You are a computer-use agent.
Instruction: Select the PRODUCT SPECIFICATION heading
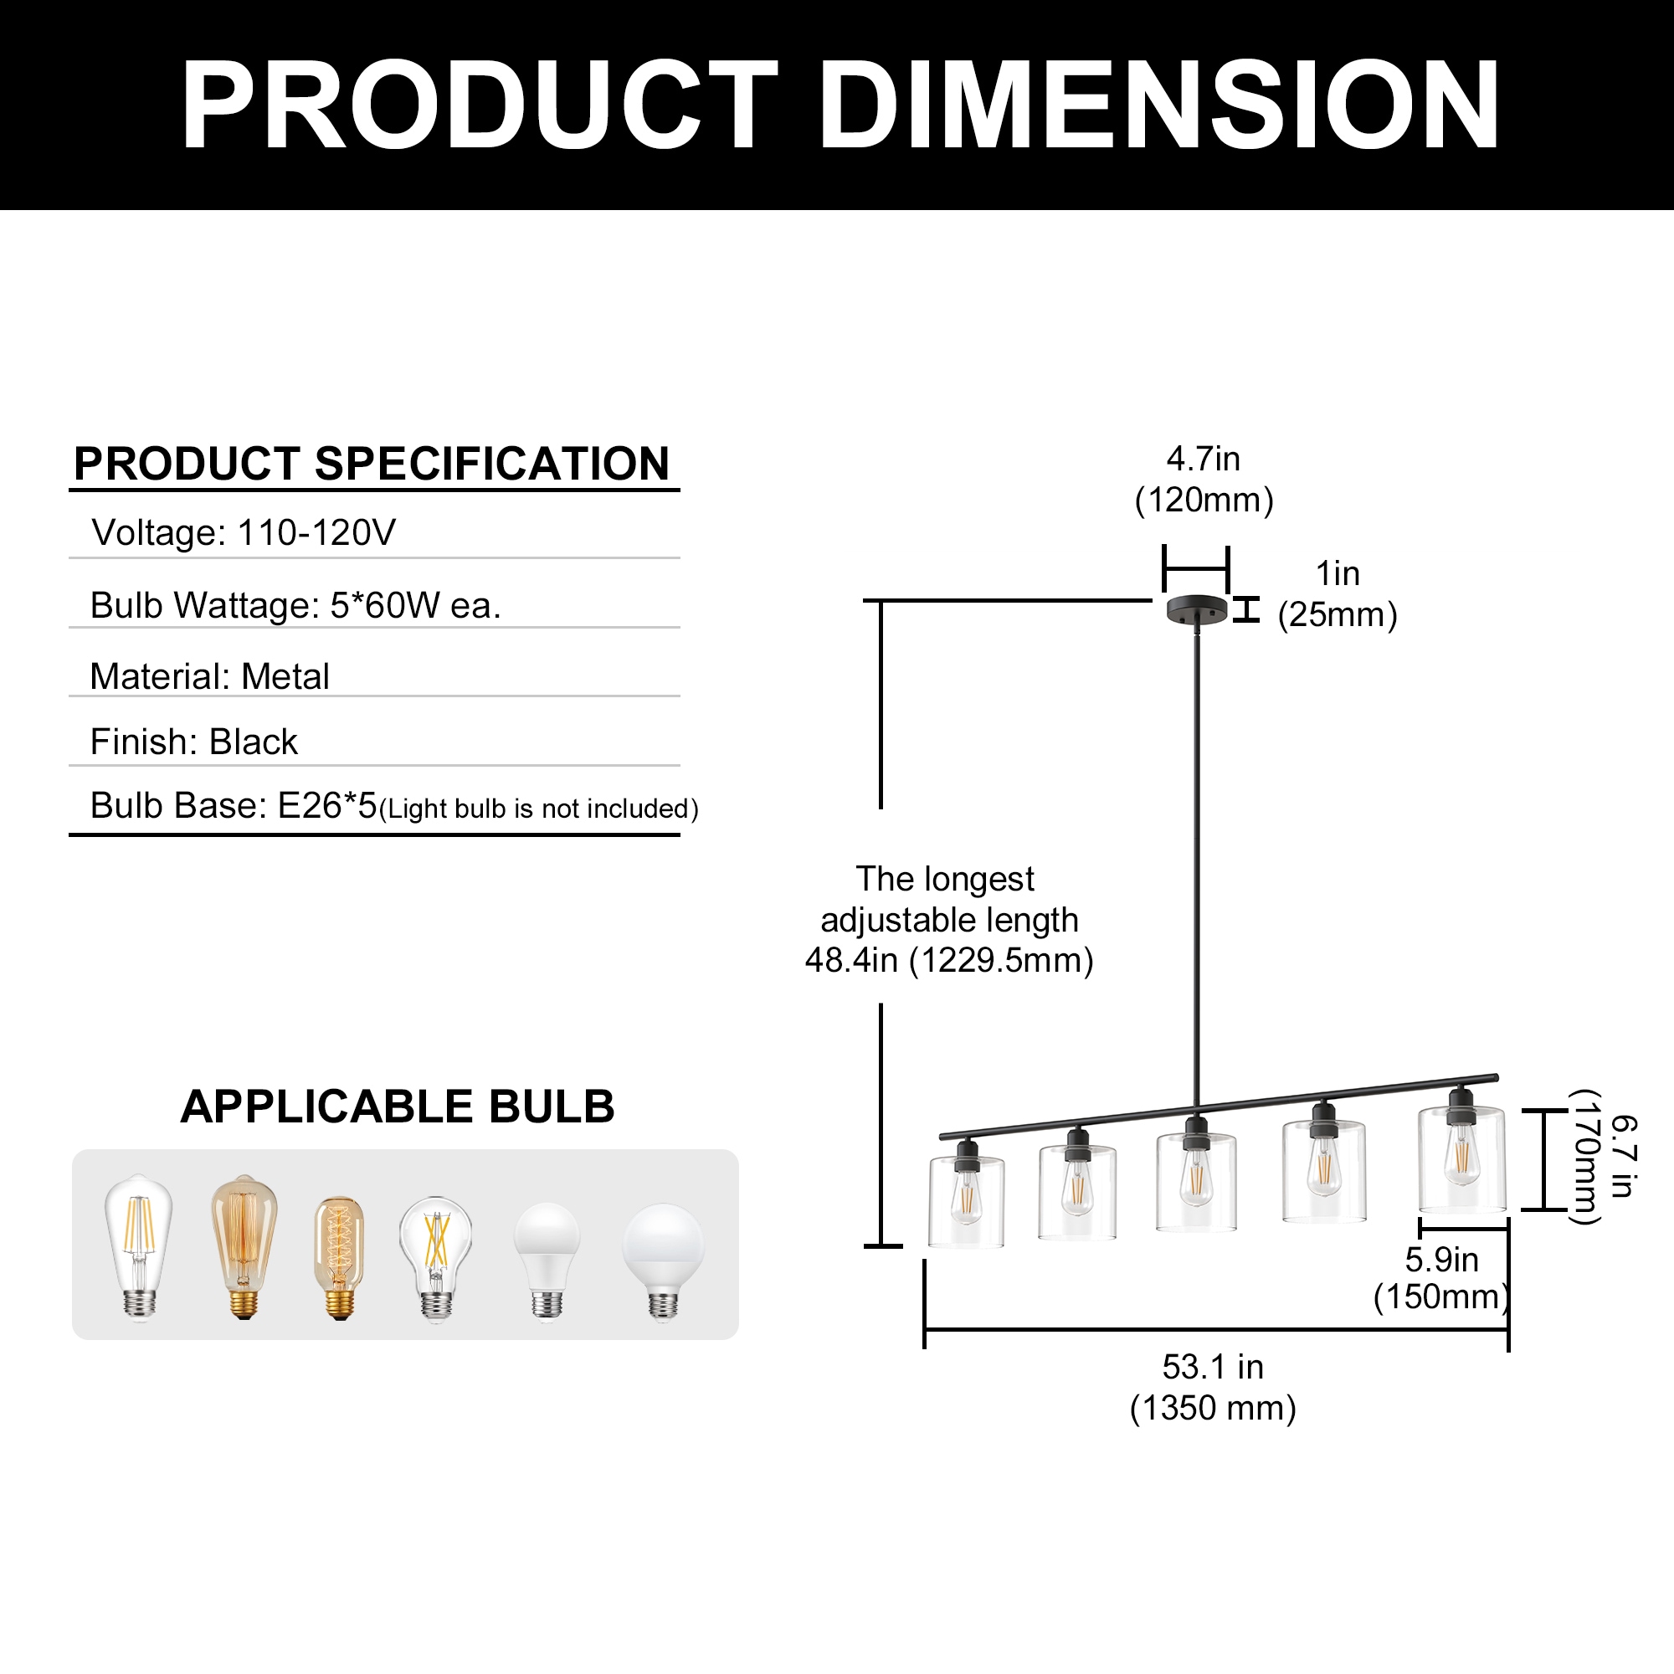(372, 465)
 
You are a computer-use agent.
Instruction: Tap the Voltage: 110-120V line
(244, 533)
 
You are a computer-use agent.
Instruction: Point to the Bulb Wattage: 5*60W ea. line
(295, 606)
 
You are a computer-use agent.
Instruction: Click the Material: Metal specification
(210, 676)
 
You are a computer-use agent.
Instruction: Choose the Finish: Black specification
(194, 742)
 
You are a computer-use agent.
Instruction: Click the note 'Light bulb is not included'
(538, 809)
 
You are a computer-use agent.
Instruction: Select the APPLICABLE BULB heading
(397, 1107)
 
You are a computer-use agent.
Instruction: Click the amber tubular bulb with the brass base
(339, 1257)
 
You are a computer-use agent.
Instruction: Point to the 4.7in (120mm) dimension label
(1204, 479)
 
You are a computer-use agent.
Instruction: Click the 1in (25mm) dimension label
(1337, 594)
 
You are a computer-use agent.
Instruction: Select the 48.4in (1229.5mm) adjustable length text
(949, 961)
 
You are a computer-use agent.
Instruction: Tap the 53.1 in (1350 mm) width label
(1212, 1387)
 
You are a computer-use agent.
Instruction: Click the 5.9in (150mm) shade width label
(1441, 1278)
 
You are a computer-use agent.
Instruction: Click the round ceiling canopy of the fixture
(1197, 609)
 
